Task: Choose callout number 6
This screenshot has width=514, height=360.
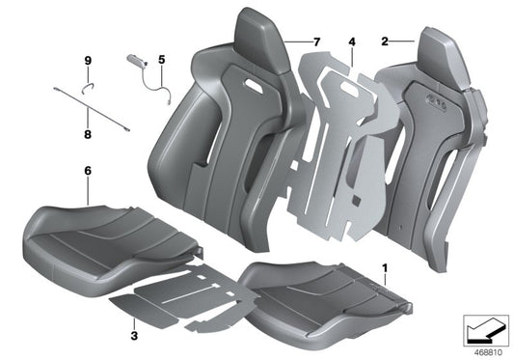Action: pos(88,171)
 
